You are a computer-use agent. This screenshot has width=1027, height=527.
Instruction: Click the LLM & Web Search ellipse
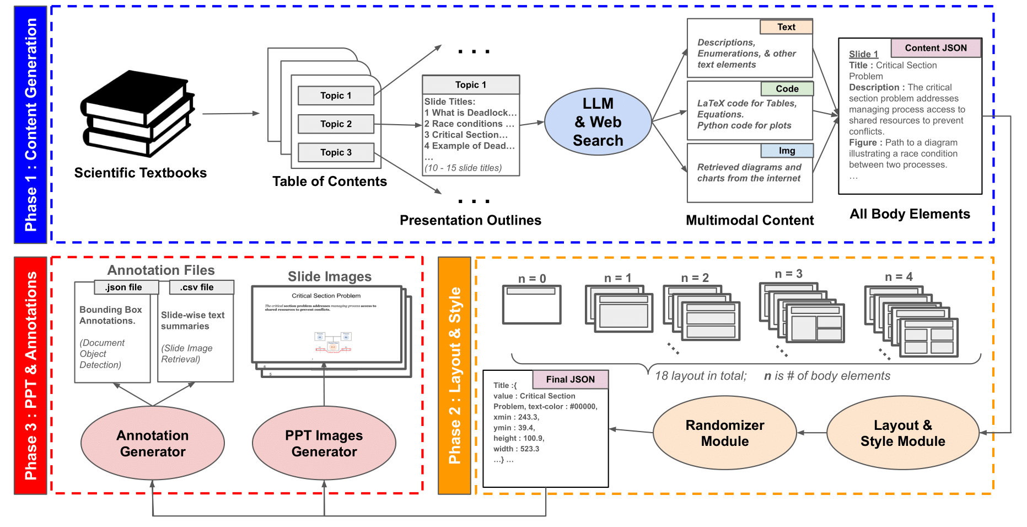coord(598,122)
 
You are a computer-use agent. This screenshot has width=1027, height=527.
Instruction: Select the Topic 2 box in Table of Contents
coord(336,124)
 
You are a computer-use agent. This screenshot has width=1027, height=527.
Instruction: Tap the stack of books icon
coord(138,113)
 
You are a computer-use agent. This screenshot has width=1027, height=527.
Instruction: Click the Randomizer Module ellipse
coord(724,433)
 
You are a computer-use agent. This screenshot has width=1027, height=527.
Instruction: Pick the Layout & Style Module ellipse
coord(902,433)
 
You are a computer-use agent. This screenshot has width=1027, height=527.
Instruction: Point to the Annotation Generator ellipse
coord(153,444)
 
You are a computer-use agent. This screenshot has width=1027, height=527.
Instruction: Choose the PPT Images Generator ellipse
coord(324,444)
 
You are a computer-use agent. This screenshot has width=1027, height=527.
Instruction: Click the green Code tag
coord(787,89)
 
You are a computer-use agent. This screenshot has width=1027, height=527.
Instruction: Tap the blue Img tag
coord(787,151)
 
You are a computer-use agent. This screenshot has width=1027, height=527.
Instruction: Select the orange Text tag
coord(786,27)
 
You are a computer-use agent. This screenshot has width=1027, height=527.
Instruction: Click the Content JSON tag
coord(935,48)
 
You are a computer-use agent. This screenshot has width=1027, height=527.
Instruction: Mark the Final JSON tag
coord(571,380)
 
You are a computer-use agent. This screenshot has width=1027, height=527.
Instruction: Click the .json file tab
coord(124,288)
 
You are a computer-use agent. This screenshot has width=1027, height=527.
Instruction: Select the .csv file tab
coord(197,288)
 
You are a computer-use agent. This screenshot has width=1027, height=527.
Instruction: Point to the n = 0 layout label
coord(532,279)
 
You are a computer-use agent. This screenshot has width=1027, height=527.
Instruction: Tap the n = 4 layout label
coord(899,276)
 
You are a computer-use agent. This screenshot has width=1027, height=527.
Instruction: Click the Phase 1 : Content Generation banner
coord(31,125)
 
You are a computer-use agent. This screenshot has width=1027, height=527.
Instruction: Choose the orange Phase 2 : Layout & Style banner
coord(454,375)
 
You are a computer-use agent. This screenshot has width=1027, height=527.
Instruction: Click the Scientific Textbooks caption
coord(141,173)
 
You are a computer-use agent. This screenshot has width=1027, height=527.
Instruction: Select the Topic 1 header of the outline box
coord(471,85)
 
